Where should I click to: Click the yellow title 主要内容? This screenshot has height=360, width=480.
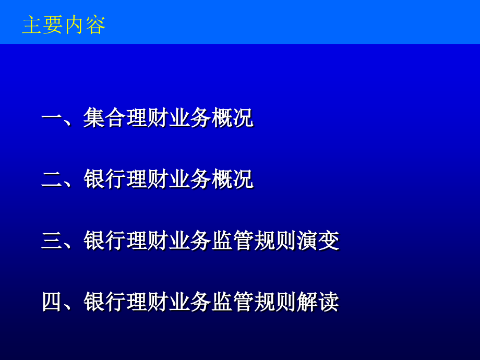(x=64, y=25)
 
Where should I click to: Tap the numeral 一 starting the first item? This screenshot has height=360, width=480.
(x=51, y=117)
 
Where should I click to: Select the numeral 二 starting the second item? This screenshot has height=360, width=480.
(x=51, y=179)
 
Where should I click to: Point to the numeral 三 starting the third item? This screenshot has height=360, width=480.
(x=51, y=241)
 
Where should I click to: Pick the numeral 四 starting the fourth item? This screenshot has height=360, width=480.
(x=52, y=302)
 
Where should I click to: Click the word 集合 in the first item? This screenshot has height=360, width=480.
(x=105, y=117)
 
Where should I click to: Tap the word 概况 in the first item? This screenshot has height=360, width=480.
(x=233, y=117)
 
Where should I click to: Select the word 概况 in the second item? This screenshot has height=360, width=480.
(x=233, y=179)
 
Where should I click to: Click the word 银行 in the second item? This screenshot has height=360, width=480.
(x=105, y=179)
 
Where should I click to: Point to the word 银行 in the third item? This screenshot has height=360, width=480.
(x=105, y=241)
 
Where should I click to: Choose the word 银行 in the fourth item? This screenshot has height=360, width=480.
(x=105, y=302)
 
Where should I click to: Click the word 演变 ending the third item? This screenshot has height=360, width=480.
(x=318, y=241)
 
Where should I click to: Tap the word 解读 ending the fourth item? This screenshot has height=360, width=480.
(x=318, y=302)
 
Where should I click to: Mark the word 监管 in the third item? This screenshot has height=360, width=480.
(x=233, y=241)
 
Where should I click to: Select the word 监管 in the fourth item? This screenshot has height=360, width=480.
(x=233, y=302)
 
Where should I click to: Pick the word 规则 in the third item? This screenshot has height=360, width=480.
(x=275, y=241)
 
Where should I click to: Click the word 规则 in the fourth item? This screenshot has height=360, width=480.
(x=275, y=302)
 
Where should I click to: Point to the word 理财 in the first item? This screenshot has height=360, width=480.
(x=147, y=117)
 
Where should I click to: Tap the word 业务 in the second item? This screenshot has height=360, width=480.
(x=190, y=179)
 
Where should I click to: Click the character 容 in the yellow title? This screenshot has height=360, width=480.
(x=95, y=25)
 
